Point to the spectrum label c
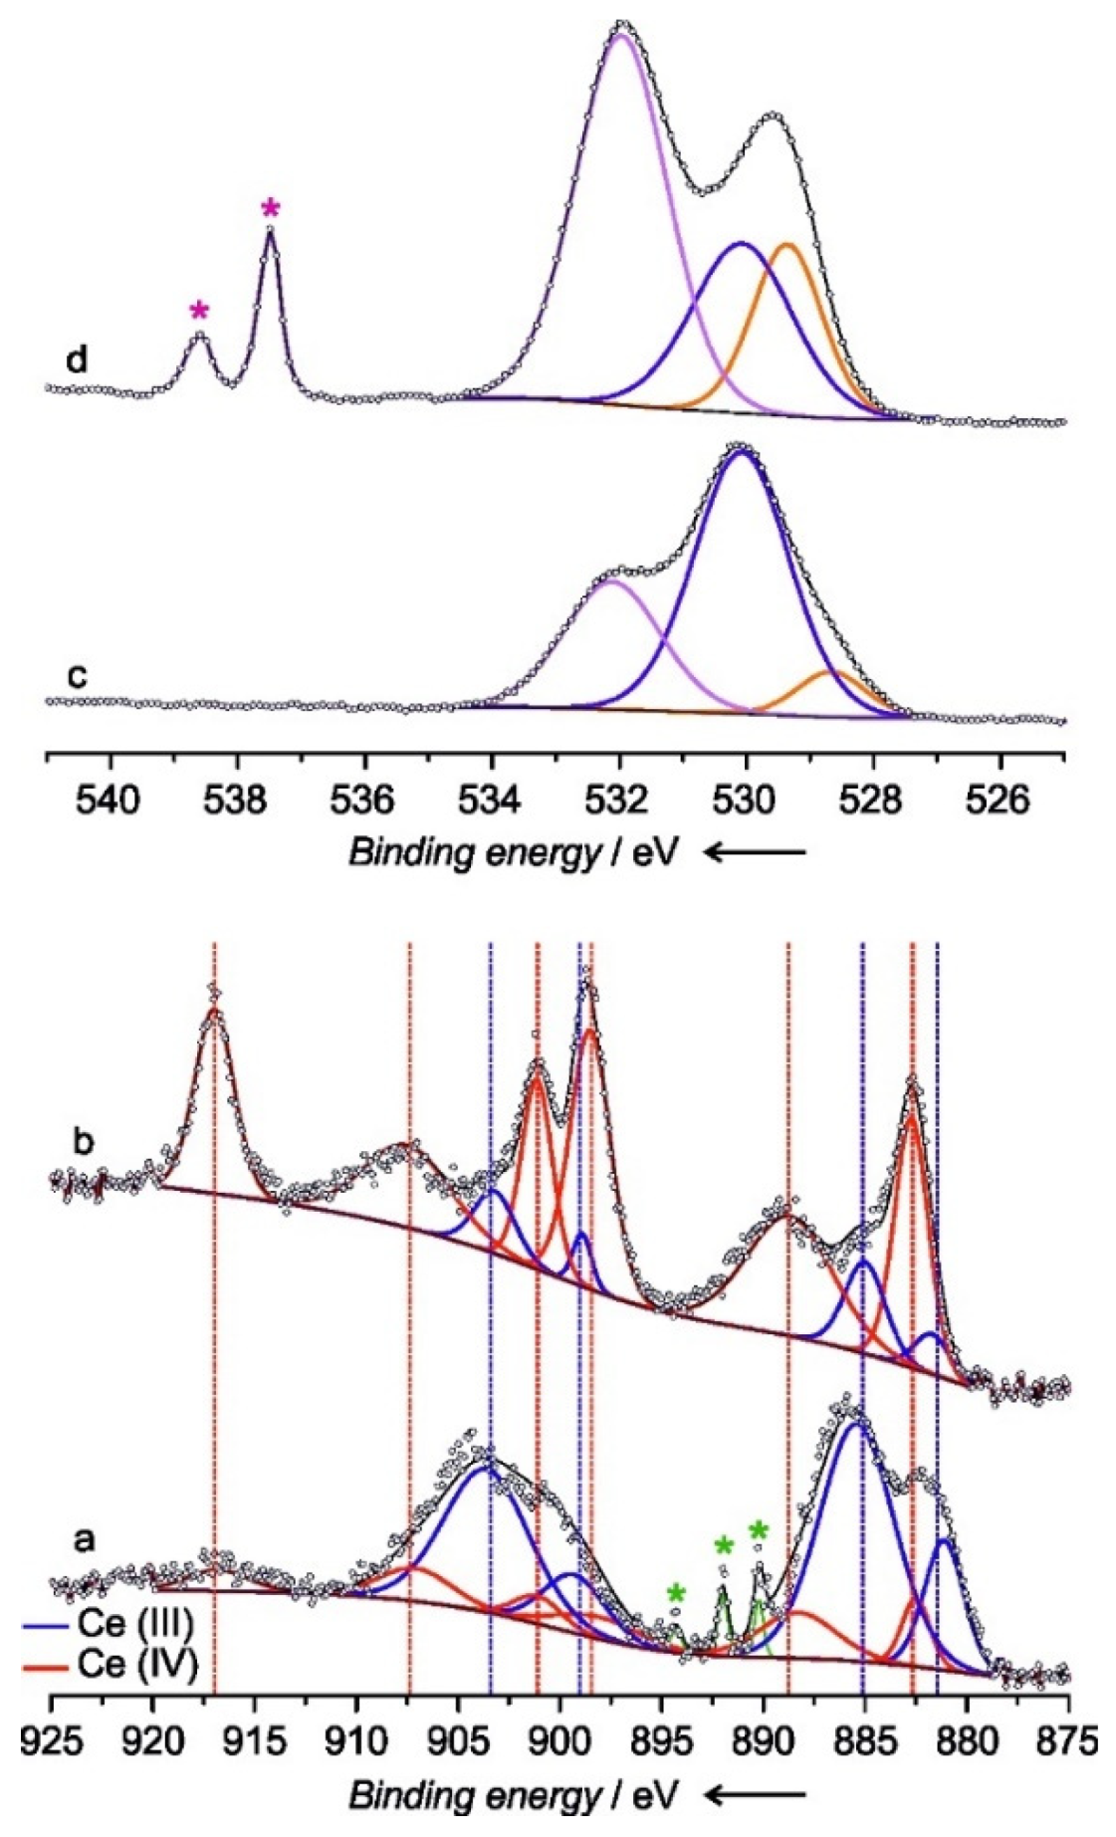tap(76, 676)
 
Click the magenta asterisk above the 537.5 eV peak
tap(271, 209)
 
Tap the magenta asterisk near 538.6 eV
tap(200, 311)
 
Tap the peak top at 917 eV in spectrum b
tap(213, 1008)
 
